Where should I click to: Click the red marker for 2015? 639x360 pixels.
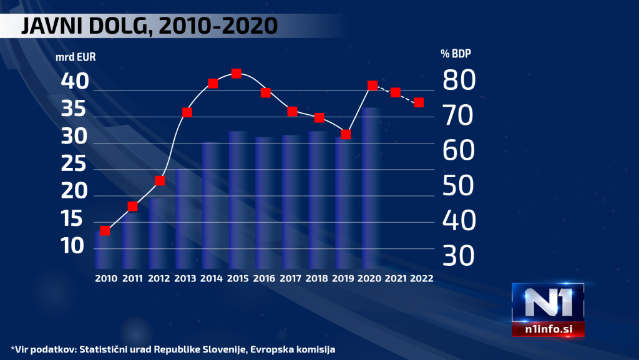pyautogui.click(x=237, y=74)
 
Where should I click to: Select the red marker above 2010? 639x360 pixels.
pyautogui.click(x=105, y=231)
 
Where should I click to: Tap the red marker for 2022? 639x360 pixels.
pyautogui.click(x=419, y=102)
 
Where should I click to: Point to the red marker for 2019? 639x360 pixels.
pyautogui.click(x=346, y=134)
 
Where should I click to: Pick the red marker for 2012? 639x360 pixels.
pyautogui.click(x=159, y=181)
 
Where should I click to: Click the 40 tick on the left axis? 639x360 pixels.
pyautogui.click(x=75, y=81)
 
